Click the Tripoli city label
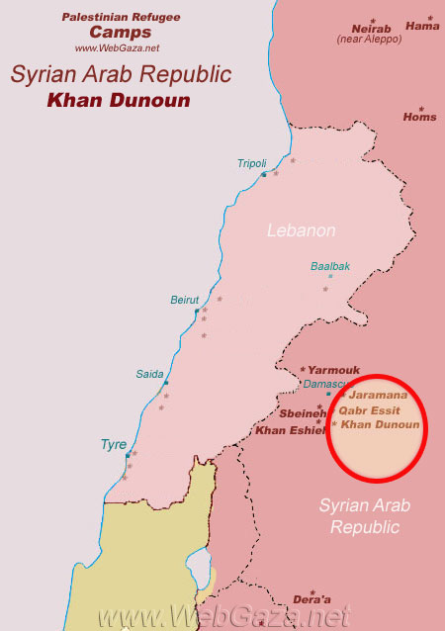pyautogui.click(x=252, y=163)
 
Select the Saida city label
pyautogui.click(x=149, y=374)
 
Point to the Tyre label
pyautogui.click(x=113, y=444)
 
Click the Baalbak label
pyautogui.click(x=330, y=266)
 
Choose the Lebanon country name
pyautogui.click(x=302, y=230)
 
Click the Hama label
pyautogui.click(x=422, y=27)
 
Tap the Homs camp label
pyautogui.click(x=419, y=117)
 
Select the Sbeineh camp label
pyautogui.click(x=303, y=413)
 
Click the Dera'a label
pyautogui.click(x=311, y=599)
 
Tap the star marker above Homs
pyautogui.click(x=420, y=108)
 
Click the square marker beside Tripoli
pyautogui.click(x=263, y=175)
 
